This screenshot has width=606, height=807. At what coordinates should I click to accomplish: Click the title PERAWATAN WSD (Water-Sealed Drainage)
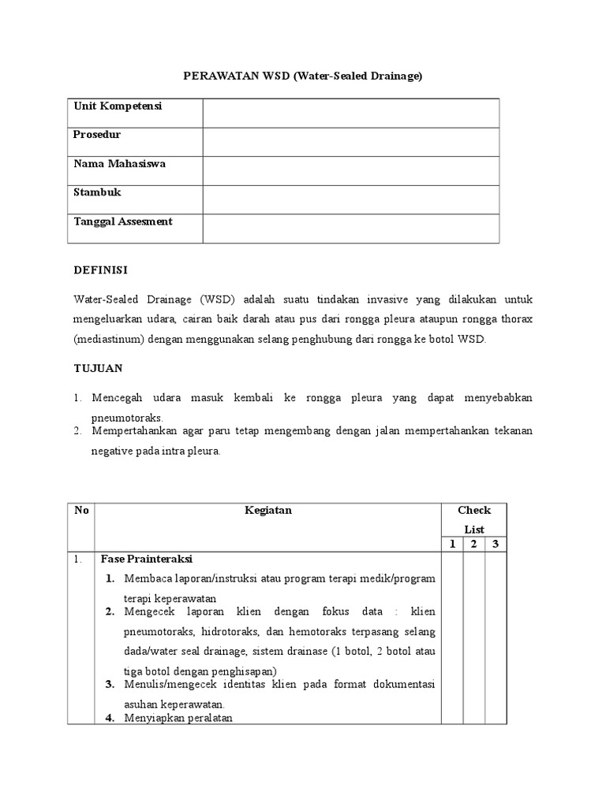(303, 76)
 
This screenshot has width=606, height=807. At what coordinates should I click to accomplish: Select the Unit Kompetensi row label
(118, 106)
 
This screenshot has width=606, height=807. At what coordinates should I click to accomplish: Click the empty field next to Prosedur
(350, 142)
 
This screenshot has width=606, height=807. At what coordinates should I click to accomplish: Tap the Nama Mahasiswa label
(120, 164)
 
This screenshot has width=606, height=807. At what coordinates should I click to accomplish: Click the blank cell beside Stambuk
(350, 199)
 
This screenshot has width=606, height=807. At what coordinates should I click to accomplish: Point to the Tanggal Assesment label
(123, 221)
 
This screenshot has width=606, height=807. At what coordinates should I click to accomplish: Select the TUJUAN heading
(98, 368)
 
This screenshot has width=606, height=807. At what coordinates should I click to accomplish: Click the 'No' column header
(81, 510)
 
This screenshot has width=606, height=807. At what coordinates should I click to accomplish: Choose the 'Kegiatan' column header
(268, 510)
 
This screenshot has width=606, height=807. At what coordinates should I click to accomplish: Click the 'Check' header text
(473, 510)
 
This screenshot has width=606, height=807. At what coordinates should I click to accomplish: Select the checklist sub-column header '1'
(452, 545)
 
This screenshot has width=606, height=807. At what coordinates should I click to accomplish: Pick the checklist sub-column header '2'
(473, 545)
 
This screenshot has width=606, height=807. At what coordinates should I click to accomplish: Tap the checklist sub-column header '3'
(496, 545)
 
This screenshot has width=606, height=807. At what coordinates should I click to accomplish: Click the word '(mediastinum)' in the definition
(105, 340)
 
